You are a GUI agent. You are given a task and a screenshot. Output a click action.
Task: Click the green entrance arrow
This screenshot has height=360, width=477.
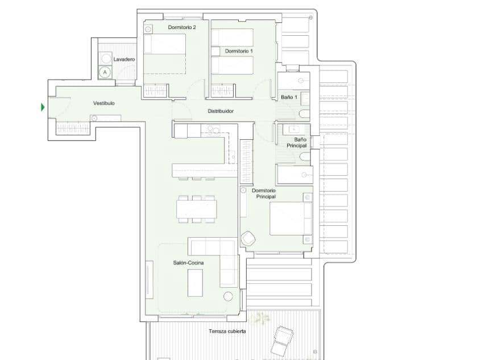[x=43, y=107]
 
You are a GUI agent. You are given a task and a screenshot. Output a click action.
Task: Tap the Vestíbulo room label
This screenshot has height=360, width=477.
[x=103, y=103]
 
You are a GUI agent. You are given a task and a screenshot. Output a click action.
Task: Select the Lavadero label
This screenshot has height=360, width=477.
[x=124, y=59]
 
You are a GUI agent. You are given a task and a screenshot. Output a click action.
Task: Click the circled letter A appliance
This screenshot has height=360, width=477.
[x=105, y=72]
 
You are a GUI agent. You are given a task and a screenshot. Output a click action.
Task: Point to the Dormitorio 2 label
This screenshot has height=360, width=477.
[x=182, y=27]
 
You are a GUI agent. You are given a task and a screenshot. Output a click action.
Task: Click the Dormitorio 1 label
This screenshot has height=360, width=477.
[x=239, y=51]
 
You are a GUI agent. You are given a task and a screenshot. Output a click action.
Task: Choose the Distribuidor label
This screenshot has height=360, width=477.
[x=221, y=111]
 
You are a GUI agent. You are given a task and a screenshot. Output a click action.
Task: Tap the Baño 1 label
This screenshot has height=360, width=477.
[x=289, y=97]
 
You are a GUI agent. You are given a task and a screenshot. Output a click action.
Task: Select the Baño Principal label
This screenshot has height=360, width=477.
[x=297, y=142]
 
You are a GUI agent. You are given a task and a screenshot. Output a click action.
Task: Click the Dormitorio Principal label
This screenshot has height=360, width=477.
[x=264, y=193]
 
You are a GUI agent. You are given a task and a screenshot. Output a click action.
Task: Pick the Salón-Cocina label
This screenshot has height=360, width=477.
[x=188, y=263]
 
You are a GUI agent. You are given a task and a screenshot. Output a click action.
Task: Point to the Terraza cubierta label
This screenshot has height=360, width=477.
[x=227, y=331]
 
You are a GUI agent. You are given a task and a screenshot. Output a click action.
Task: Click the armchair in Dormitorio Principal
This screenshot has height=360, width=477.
[x=248, y=238]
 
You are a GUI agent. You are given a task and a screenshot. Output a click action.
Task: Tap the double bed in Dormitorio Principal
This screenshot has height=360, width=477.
[x=291, y=218]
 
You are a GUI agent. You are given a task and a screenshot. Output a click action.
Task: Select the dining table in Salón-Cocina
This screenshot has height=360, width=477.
[x=197, y=209]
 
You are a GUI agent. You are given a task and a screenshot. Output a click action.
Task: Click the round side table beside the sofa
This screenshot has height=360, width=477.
[x=228, y=296]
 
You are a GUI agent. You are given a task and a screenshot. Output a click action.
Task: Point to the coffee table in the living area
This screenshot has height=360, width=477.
[x=195, y=283]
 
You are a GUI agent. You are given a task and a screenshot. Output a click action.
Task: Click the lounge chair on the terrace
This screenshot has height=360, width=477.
[x=283, y=341]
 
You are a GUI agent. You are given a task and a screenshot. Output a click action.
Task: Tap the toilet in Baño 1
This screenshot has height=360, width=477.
[x=305, y=114]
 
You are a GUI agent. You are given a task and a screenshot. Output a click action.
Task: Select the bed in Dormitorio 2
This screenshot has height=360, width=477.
[x=164, y=54]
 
